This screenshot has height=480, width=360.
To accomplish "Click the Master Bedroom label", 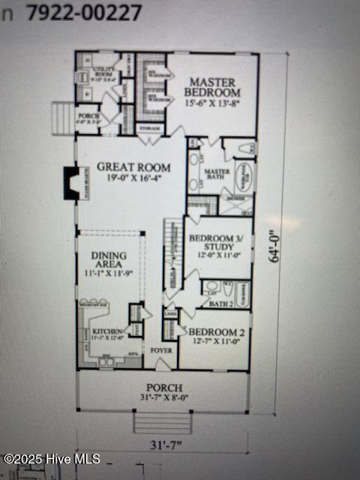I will [211, 87].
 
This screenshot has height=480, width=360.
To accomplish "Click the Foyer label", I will [160, 350].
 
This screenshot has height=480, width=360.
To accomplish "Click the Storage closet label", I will [150, 128].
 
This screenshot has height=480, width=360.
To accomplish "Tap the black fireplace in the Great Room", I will [71, 183].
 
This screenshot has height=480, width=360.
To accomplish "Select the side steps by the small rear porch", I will [63, 117].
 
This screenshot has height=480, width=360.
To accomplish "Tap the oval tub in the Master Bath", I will [244, 178].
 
